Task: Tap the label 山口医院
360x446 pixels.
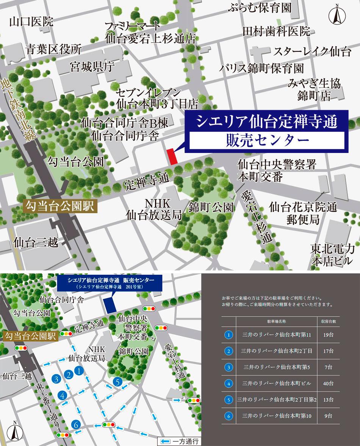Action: pyautogui.click(x=31, y=22)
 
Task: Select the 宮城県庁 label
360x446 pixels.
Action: pyautogui.click(x=92, y=67)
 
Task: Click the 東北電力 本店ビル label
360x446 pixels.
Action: pyautogui.click(x=332, y=254)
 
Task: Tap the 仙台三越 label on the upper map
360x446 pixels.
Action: pyautogui.click(x=36, y=242)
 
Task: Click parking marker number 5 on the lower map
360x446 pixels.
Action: pyautogui.click(x=118, y=383)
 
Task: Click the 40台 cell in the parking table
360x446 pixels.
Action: pyautogui.click(x=328, y=383)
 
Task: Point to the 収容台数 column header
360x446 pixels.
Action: pyautogui.click(x=328, y=321)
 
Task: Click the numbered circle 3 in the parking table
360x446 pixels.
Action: pyautogui.click(x=229, y=367)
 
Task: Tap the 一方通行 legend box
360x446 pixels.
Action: pyautogui.click(x=178, y=441)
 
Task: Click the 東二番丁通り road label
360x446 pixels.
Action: pyautogui.click(x=49, y=405)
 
